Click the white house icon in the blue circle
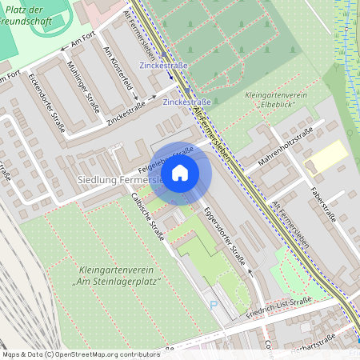click(x=180, y=172)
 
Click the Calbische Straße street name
click(x=146, y=216)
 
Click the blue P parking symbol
click(x=213, y=304)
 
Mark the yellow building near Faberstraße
click(x=325, y=156)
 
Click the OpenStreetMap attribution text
click(x=70, y=354)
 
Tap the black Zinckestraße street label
click(x=126, y=113)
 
